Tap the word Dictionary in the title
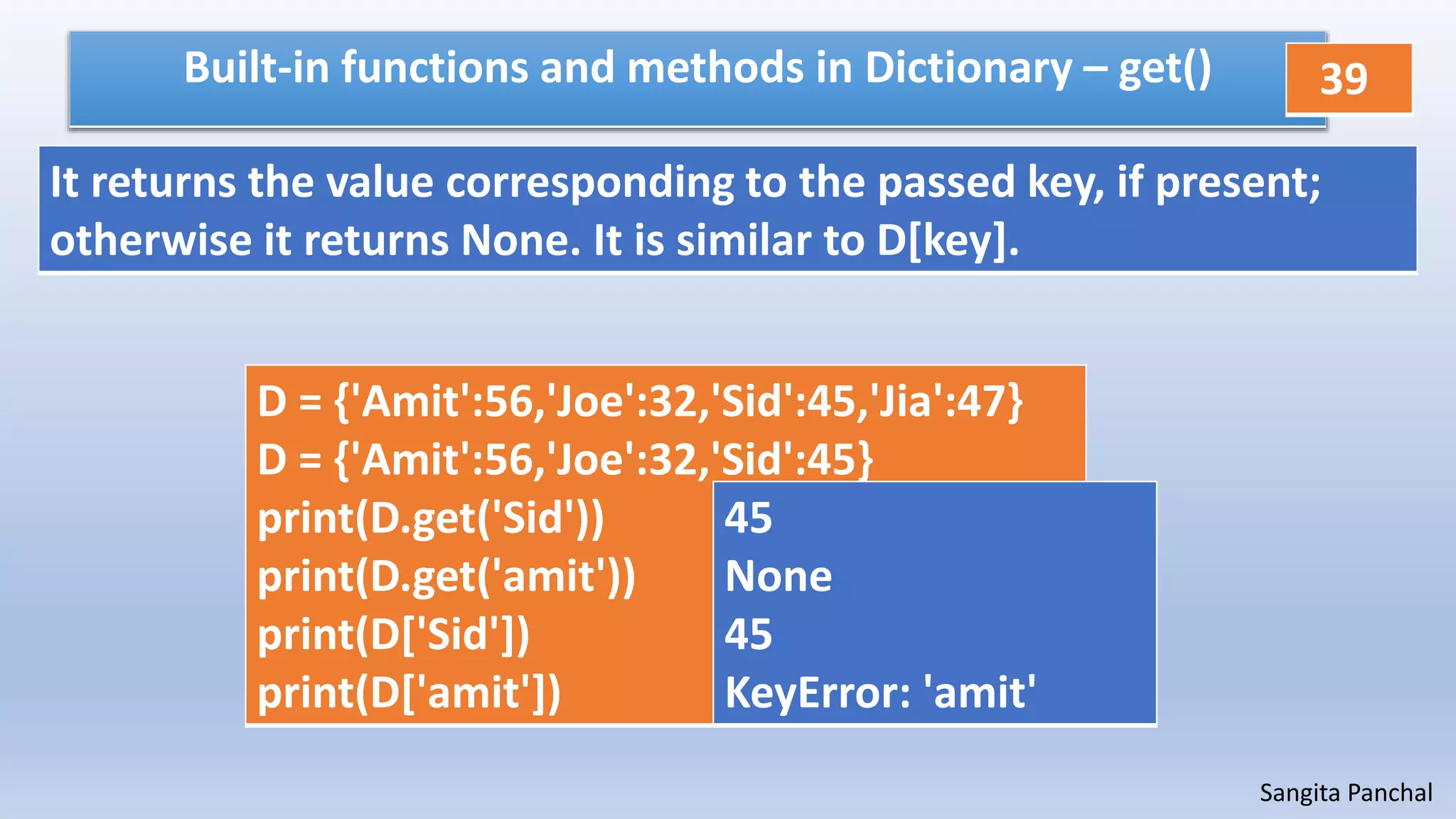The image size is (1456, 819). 968,68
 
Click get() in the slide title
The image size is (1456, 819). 1165,70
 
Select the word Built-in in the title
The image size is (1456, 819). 256,68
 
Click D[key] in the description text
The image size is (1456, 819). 946,242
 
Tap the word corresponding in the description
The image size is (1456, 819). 589,183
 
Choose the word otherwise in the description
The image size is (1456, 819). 150,241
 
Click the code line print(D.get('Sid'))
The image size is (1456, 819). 430,518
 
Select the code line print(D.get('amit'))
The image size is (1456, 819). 446,577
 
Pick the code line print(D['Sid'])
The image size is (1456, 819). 393,635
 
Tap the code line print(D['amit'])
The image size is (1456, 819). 409,693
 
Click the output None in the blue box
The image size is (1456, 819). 778,577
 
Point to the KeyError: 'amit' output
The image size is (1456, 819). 880,693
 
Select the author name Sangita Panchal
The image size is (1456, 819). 1345,793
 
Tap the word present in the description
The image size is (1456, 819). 1238,183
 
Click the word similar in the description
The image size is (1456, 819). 743,241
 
